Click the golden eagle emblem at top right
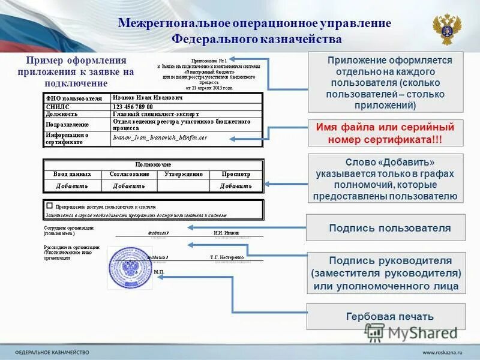pyautogui.click(x=446, y=29)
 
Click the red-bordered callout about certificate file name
pyautogui.click(x=386, y=133)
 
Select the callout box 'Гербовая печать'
pyautogui.click(x=386, y=316)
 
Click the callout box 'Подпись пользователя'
pyautogui.click(x=386, y=228)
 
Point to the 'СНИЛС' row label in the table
pyautogui.click(x=58, y=106)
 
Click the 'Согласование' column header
pyautogui.click(x=129, y=174)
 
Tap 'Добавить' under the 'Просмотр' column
pyautogui.click(x=236, y=186)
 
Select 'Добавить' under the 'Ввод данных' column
pyautogui.click(x=72, y=186)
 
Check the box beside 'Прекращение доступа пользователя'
pyautogui.click(x=49, y=205)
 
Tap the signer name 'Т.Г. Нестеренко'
pyautogui.click(x=227, y=257)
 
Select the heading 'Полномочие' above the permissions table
pyautogui.click(x=153, y=164)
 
